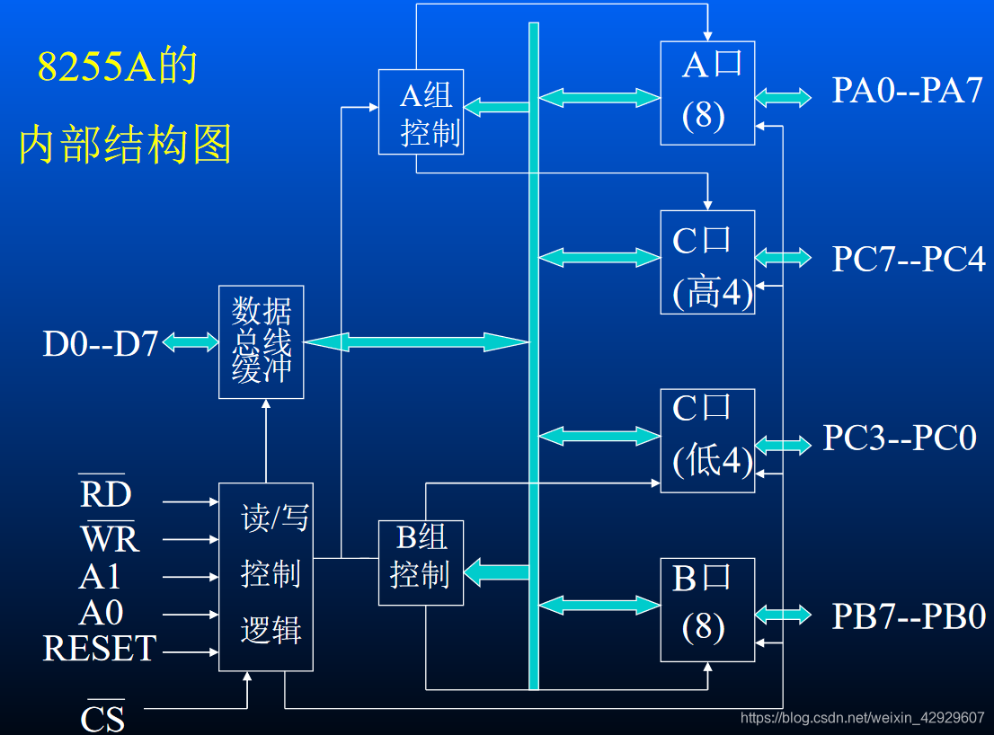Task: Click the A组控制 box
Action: coord(421,111)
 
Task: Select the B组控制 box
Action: coord(421,562)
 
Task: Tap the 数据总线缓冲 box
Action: coord(262,341)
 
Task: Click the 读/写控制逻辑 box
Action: coord(266,576)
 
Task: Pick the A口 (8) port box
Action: coord(706,93)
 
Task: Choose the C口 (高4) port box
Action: coord(706,261)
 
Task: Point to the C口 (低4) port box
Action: coord(706,440)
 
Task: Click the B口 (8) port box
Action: coord(706,609)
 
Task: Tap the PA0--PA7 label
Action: coord(907,91)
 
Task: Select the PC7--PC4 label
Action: coord(908,259)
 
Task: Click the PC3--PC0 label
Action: coord(900,438)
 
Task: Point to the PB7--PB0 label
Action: coord(909,616)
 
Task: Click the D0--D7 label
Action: coord(101,343)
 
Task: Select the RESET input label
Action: coord(100,649)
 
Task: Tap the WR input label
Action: coord(110,538)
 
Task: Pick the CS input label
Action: coord(102,717)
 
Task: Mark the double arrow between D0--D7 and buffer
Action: coord(191,342)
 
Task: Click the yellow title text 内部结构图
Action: coord(126,145)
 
